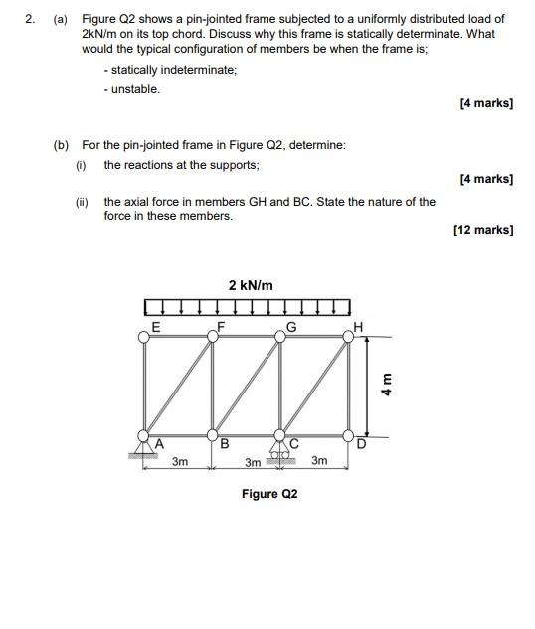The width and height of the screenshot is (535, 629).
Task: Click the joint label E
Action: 155,325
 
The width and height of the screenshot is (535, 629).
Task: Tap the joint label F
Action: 221,325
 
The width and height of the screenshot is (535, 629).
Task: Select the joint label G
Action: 291,325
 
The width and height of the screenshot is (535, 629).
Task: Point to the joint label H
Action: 358,326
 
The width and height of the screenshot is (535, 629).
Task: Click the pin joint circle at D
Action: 349,435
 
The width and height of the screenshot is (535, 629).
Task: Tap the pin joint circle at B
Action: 212,435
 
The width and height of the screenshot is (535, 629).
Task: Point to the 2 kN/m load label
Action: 250,285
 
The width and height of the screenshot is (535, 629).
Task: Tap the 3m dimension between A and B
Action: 180,461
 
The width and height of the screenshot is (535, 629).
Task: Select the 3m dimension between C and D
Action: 319,461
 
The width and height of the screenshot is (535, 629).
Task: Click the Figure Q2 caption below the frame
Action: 269,494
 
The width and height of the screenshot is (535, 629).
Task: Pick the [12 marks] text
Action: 482,230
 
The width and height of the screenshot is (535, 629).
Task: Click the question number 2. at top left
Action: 32,19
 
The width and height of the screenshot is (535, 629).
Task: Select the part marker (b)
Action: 61,145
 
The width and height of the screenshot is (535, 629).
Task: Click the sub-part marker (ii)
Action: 83,201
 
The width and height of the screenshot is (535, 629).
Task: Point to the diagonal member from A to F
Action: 179,387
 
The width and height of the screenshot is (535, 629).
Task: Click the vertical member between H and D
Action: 349,387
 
